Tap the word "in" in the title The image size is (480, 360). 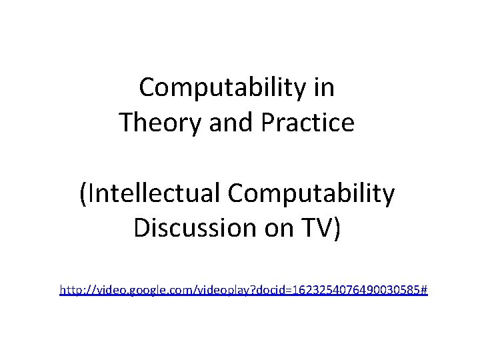324,87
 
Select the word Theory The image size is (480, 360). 154,123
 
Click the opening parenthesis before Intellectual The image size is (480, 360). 83,194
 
